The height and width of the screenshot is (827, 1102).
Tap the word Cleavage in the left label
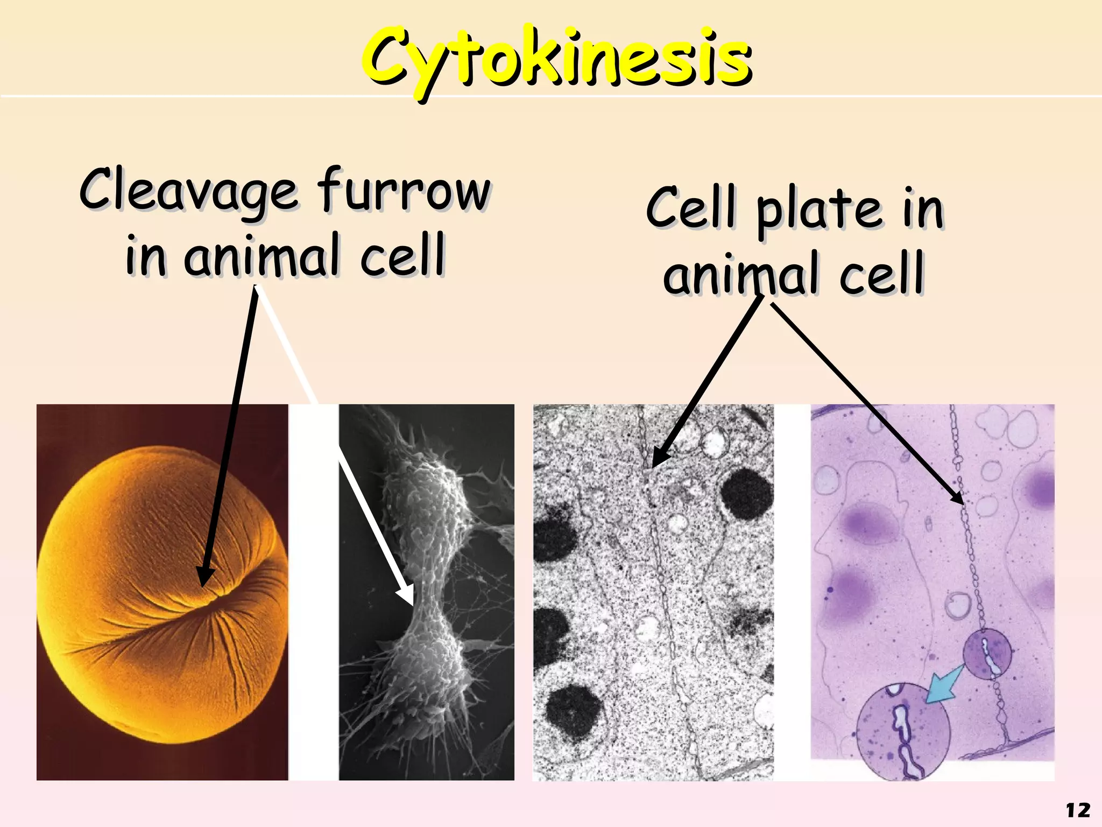pos(188,191)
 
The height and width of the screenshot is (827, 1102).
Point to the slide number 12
pos(1078,810)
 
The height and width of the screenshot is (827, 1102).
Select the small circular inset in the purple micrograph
pos(987,654)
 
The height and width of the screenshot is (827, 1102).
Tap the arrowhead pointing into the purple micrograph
pos(958,498)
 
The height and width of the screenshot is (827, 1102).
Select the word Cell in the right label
pos(690,207)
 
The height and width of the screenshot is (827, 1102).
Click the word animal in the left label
pos(263,257)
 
